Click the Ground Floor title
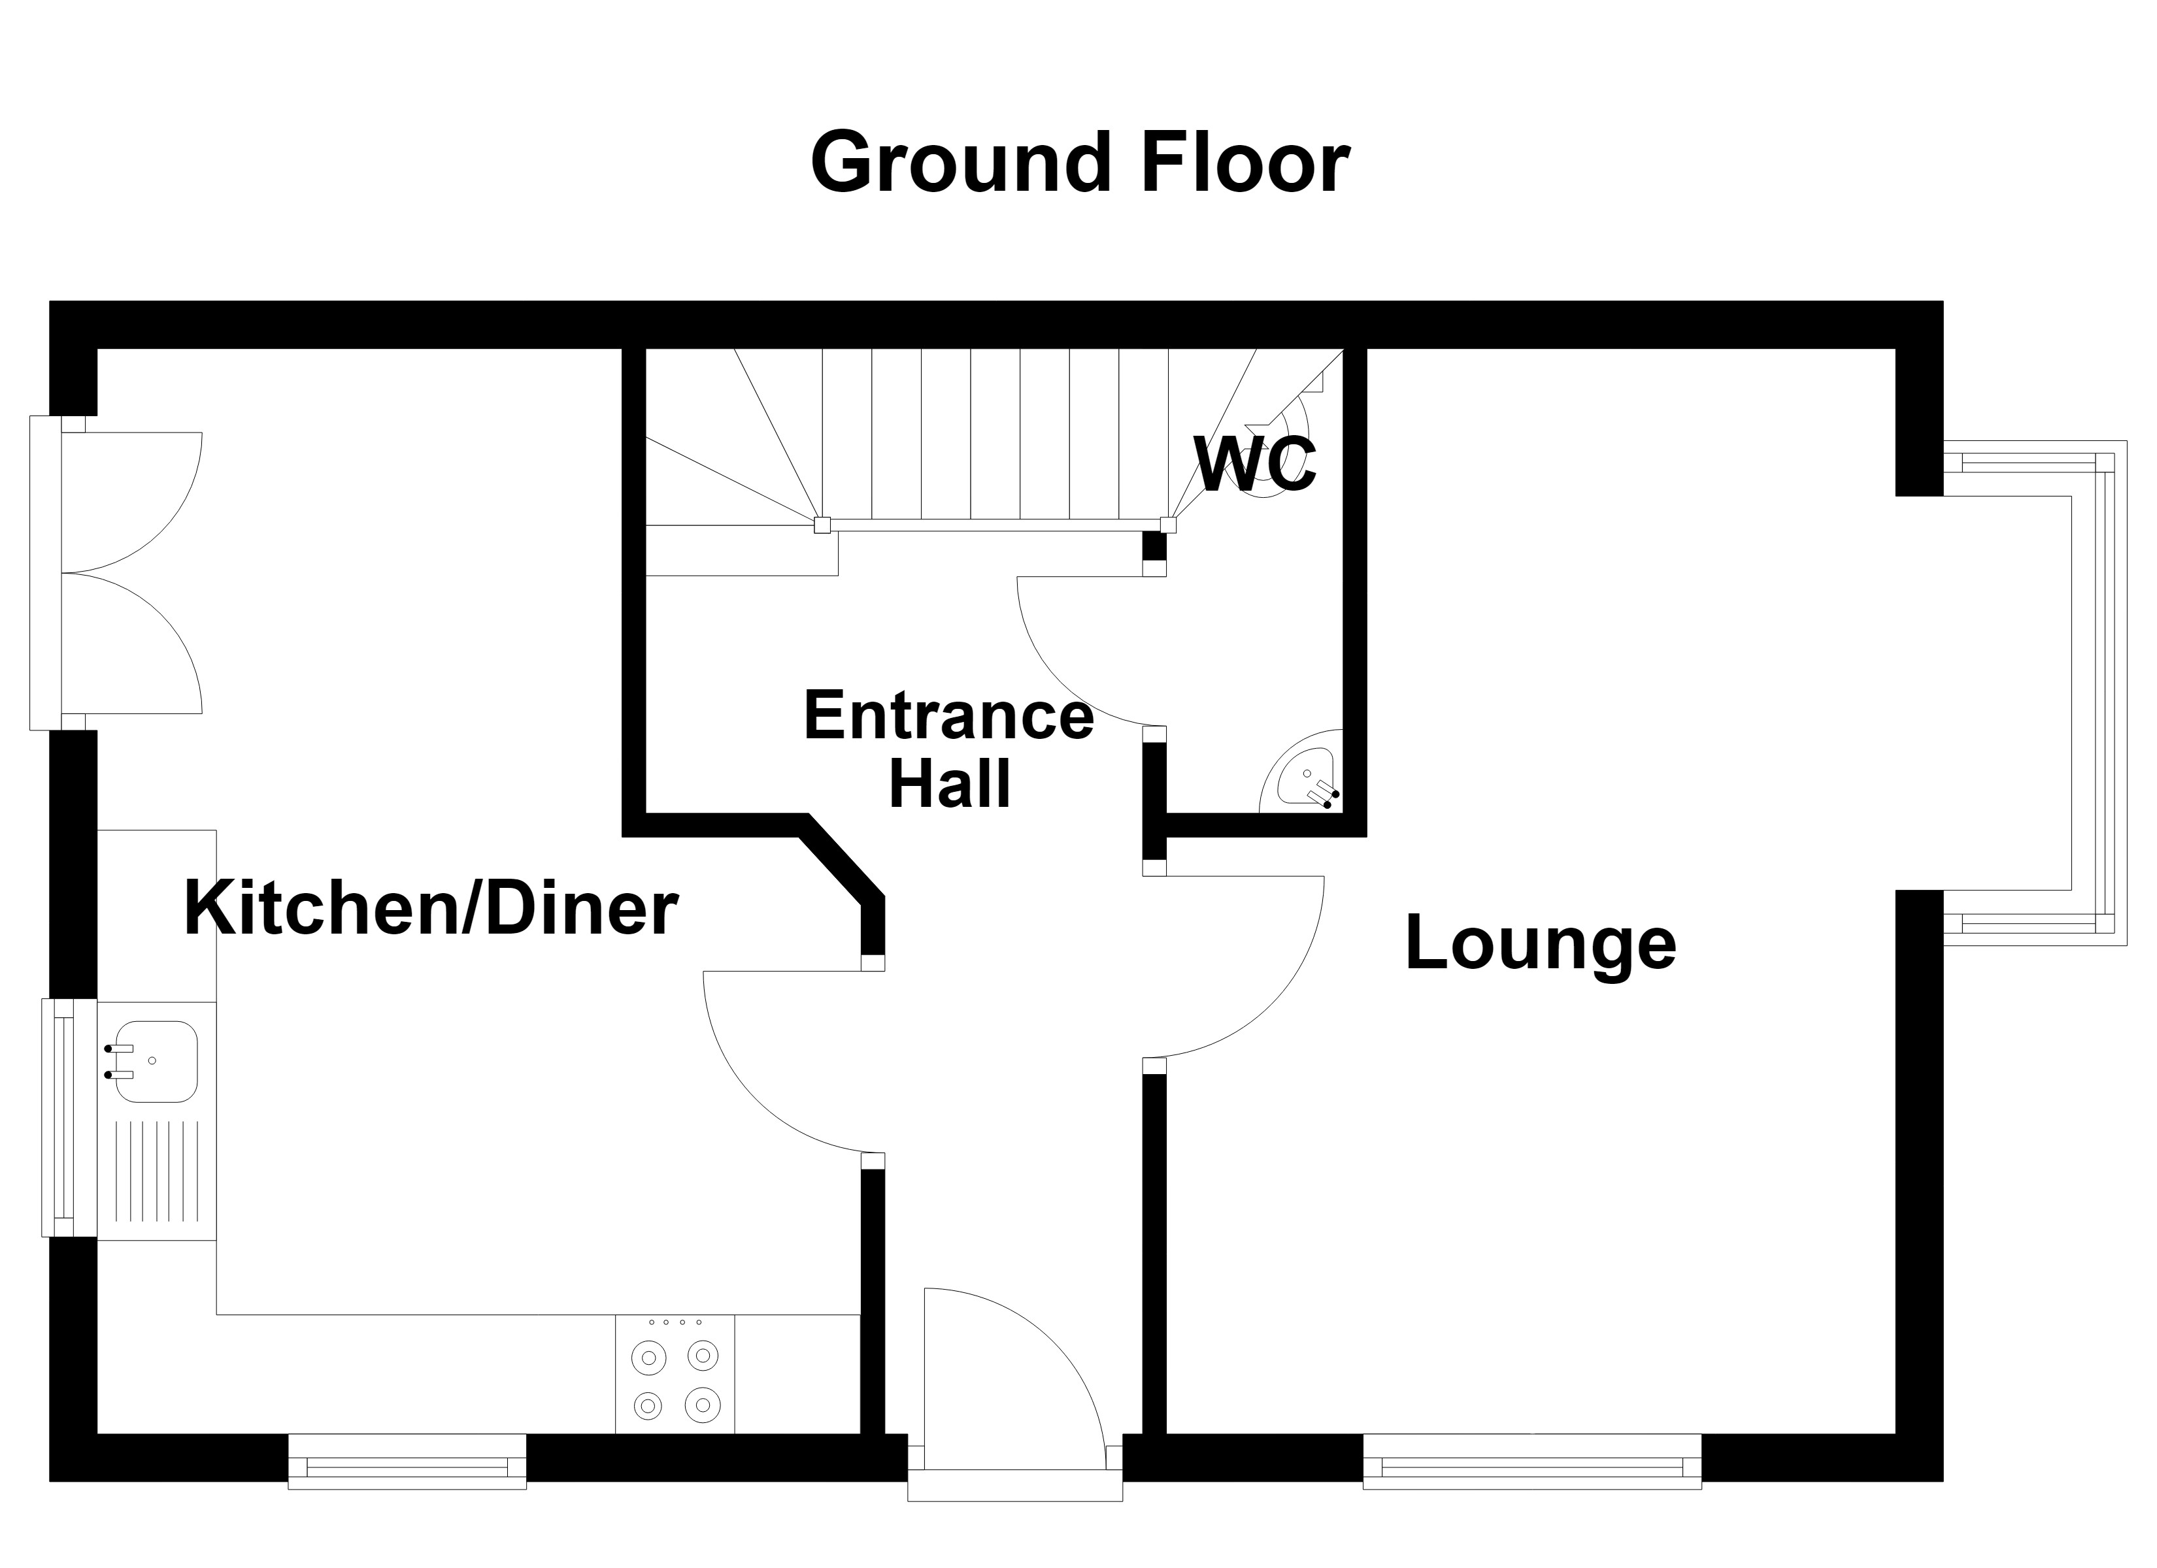click(x=1079, y=163)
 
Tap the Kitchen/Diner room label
click(x=431, y=909)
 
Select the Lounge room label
click(x=1541, y=943)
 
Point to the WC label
click(x=1256, y=465)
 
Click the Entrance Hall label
click(x=949, y=750)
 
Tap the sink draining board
click(x=157, y=1171)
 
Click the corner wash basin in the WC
click(x=1303, y=773)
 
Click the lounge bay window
click(x=2035, y=693)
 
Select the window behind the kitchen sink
click(x=69, y=1117)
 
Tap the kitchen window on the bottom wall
click(x=407, y=1462)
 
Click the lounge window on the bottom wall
click(x=1532, y=1462)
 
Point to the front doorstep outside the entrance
click(x=1015, y=1486)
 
